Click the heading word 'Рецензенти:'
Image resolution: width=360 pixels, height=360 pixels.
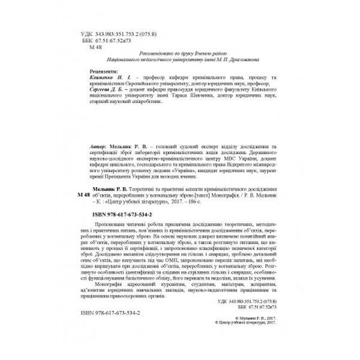pyautogui.click(x=97, y=71)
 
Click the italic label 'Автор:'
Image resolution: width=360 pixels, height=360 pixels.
pyautogui.click(x=99, y=146)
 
